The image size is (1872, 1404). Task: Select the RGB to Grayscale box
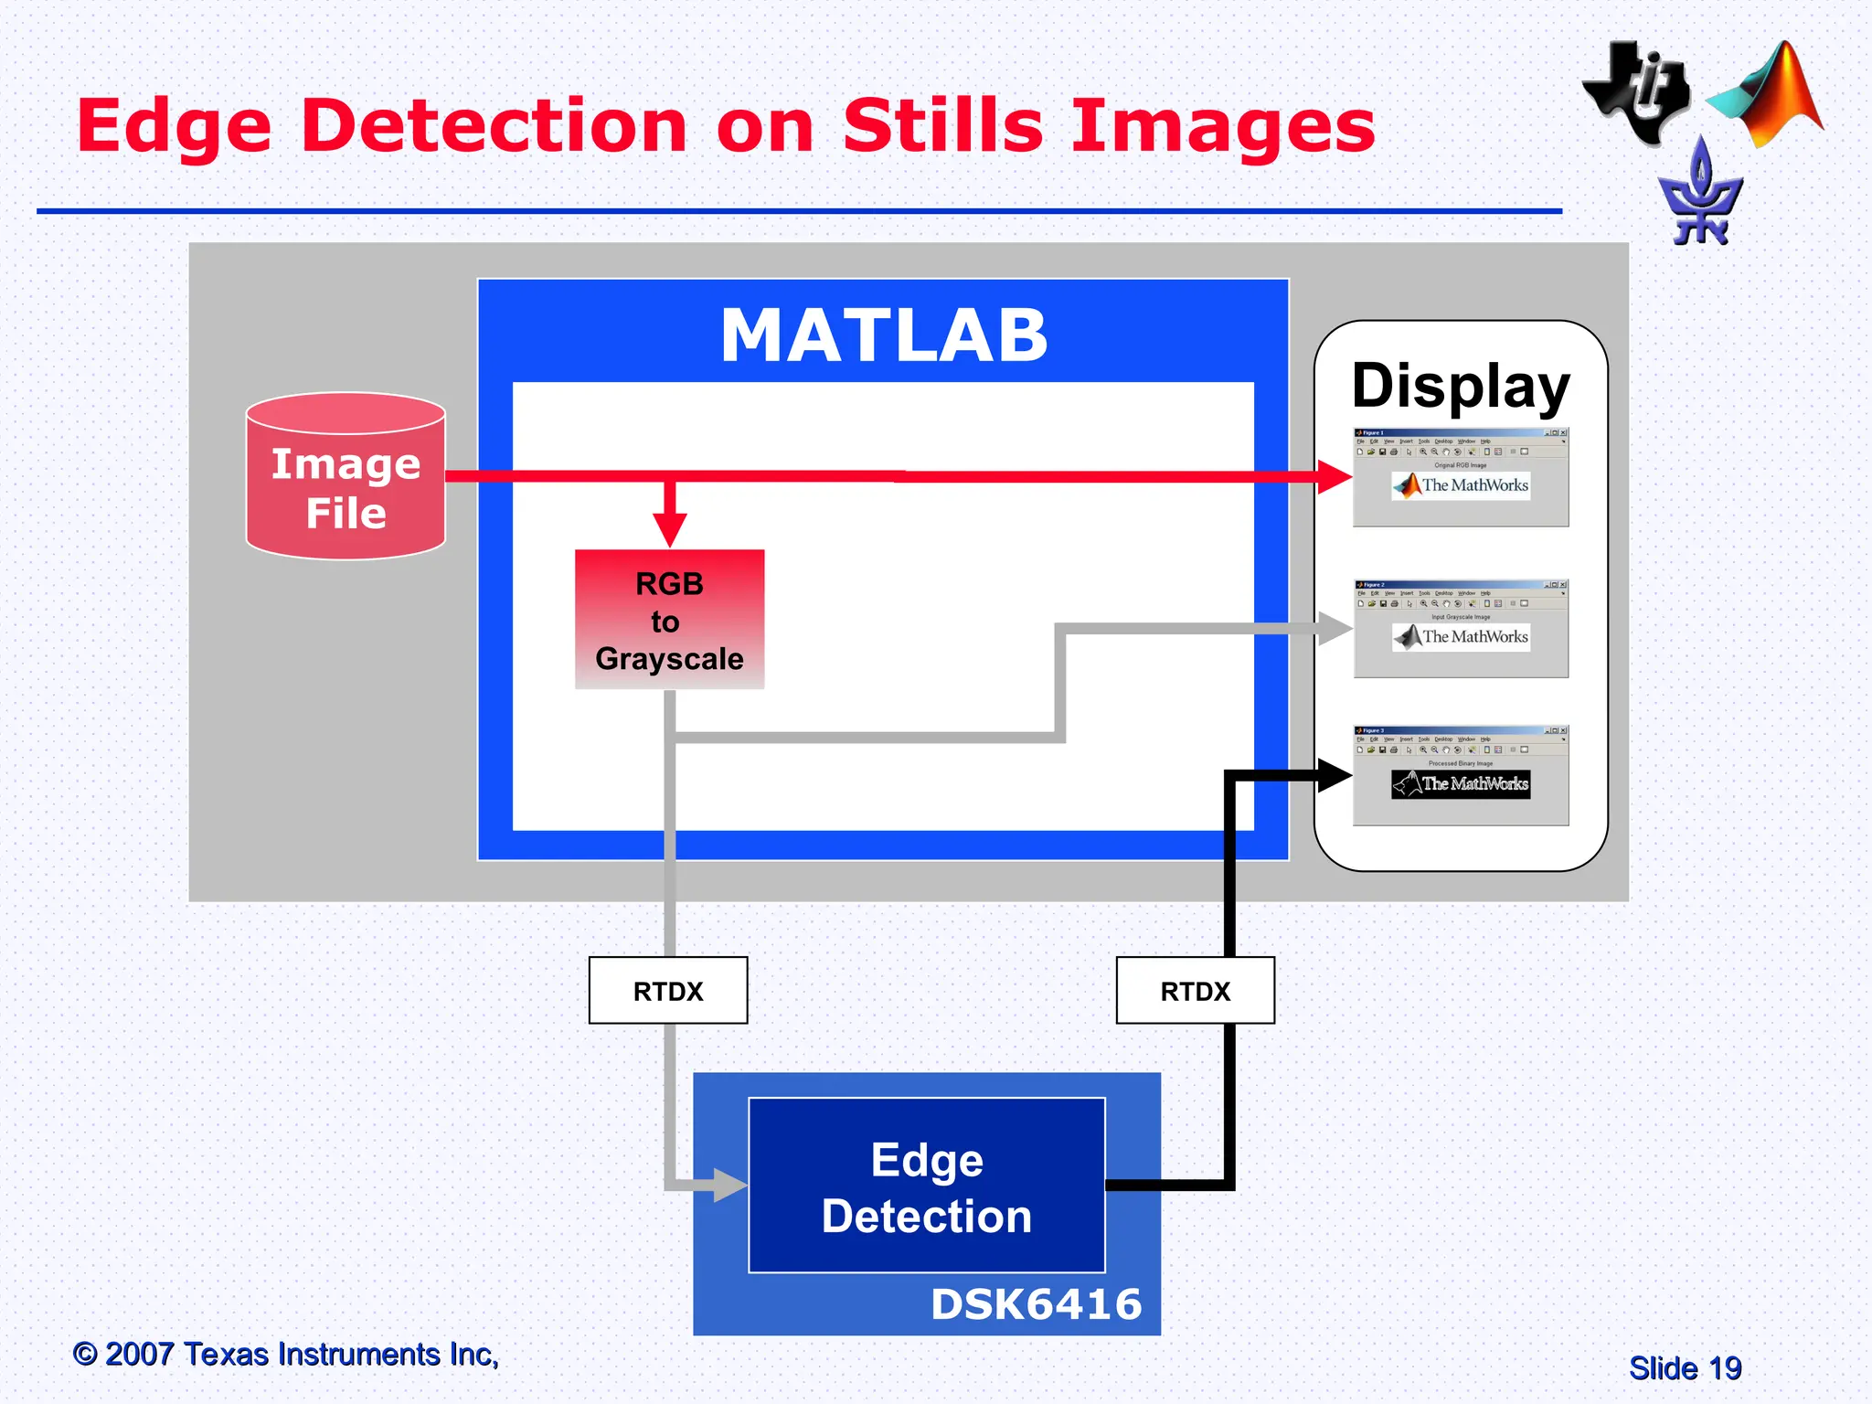pyautogui.click(x=669, y=620)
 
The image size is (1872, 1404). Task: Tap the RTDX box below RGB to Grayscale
pyautogui.click(x=668, y=991)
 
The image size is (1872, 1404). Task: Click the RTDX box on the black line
pyautogui.click(x=1195, y=991)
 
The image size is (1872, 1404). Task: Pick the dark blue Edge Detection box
pyautogui.click(x=926, y=1186)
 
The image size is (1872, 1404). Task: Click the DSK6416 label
pyautogui.click(x=1036, y=1304)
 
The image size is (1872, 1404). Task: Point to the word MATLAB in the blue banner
pyautogui.click(x=883, y=335)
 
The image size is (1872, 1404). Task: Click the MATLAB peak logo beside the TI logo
pyautogui.click(x=1769, y=96)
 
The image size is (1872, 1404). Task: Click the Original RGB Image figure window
pyautogui.click(x=1461, y=477)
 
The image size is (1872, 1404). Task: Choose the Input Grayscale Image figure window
pyautogui.click(x=1461, y=629)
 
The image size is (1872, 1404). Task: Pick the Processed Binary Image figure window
pyautogui.click(x=1461, y=776)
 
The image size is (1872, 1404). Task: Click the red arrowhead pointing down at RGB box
pyautogui.click(x=670, y=529)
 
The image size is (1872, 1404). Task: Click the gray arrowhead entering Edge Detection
pyautogui.click(x=729, y=1186)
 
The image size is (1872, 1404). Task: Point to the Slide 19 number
pyautogui.click(x=1685, y=1368)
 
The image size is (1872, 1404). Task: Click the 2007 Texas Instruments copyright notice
pyautogui.click(x=286, y=1354)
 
